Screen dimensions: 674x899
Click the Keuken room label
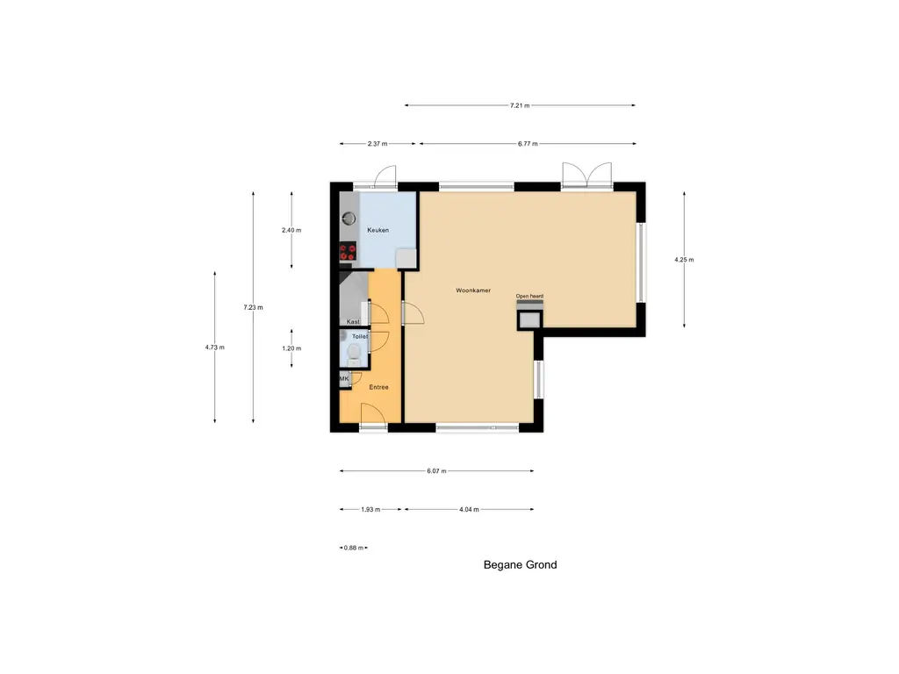[378, 230]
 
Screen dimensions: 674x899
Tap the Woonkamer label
[472, 290]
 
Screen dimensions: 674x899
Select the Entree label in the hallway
[378, 387]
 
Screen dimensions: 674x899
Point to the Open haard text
[529, 296]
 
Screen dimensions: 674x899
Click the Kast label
[352, 322]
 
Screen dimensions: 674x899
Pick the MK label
[344, 378]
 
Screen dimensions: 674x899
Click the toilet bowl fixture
[353, 353]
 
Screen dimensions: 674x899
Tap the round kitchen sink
[349, 217]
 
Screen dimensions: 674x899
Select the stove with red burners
[348, 252]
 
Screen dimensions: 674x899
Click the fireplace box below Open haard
[529, 319]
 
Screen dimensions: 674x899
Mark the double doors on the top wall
[586, 176]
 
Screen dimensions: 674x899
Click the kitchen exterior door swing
[385, 178]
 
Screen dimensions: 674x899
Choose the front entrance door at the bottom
[372, 414]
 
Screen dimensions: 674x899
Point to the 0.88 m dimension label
[353, 548]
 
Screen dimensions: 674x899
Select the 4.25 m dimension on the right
[683, 260]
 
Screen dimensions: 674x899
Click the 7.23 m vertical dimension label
[254, 307]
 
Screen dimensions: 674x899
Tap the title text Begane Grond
[520, 565]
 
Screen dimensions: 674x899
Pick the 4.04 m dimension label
[468, 509]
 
